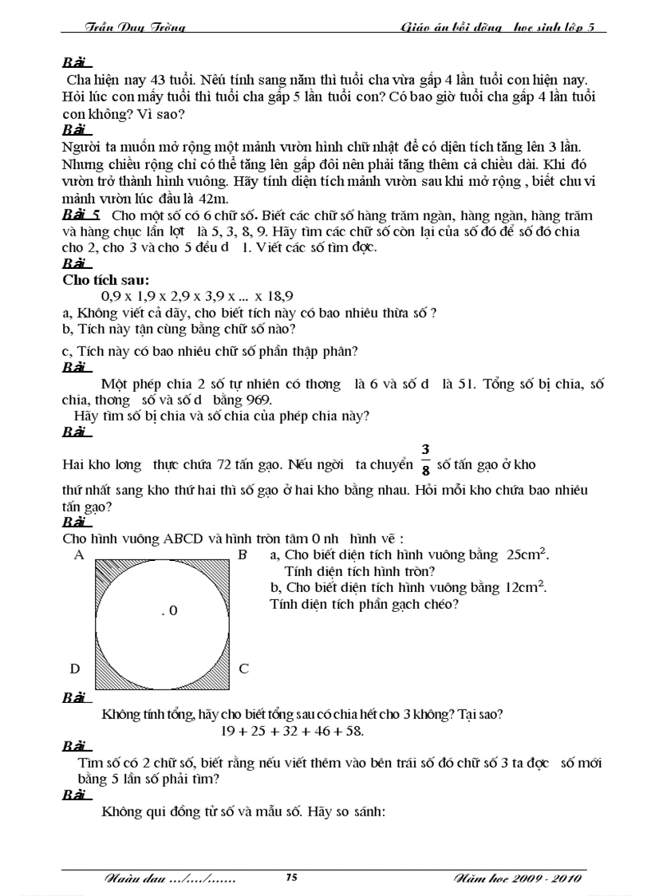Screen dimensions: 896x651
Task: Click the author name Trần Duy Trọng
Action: tap(135, 28)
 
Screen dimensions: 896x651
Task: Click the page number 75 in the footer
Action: tap(291, 878)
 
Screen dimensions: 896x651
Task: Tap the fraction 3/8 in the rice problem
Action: tap(425, 461)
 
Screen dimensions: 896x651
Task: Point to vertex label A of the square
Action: tap(79, 555)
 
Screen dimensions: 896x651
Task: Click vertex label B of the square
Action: tap(243, 555)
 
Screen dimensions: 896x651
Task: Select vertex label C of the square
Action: tap(244, 669)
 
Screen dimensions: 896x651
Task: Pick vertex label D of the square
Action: tap(75, 669)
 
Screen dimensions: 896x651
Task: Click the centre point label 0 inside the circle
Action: tap(169, 611)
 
